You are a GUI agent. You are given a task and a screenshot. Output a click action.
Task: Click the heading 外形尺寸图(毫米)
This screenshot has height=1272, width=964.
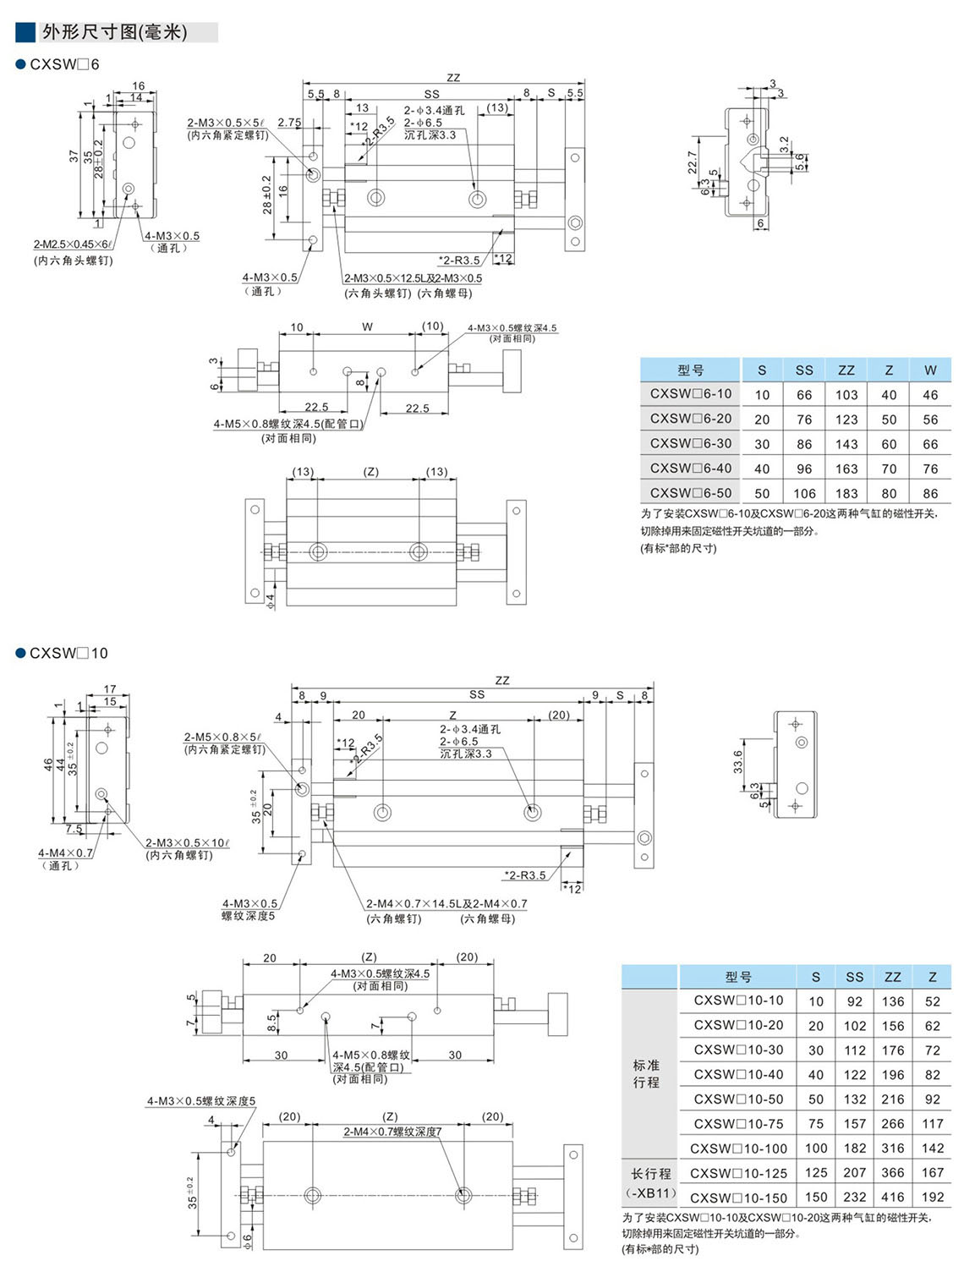[x=114, y=32]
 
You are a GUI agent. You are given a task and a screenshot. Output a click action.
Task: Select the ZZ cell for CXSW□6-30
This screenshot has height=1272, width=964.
[x=846, y=444]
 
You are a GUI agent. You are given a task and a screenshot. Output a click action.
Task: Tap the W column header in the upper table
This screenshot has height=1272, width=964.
[x=930, y=370]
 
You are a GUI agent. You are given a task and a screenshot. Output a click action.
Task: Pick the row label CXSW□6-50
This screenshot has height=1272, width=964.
[x=691, y=493]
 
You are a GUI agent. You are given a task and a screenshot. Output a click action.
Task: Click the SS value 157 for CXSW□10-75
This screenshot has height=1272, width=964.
[x=855, y=1124]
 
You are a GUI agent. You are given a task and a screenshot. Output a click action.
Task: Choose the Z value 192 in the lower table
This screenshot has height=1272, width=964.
[x=933, y=1198]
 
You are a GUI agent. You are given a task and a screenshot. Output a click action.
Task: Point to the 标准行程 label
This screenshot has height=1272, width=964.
[x=647, y=1074]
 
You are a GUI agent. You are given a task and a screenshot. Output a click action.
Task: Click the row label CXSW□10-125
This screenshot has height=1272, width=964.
[x=738, y=1174]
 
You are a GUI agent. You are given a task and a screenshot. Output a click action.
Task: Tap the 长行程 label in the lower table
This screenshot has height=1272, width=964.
[x=651, y=1174]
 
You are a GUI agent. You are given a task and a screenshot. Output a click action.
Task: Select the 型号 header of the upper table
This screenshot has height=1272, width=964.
[x=691, y=370]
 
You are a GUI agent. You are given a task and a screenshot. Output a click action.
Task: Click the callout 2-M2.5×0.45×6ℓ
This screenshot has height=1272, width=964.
[x=73, y=244]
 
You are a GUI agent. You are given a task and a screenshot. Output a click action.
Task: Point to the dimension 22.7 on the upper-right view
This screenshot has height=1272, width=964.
[x=693, y=162]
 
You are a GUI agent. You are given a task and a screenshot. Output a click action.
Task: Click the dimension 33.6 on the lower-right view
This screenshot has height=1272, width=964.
[x=737, y=761]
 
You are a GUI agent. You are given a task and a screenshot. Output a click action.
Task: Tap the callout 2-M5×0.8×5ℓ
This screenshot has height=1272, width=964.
[x=222, y=737]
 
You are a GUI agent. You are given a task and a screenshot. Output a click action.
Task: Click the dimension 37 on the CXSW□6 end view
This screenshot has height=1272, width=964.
[x=74, y=156]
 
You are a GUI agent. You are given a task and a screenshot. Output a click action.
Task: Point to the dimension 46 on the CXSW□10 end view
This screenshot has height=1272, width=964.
[x=48, y=764]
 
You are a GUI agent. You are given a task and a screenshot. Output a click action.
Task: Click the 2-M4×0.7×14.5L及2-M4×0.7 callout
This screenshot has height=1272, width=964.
[x=446, y=904]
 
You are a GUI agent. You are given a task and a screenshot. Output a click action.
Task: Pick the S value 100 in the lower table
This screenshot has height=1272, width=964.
[x=816, y=1149]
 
